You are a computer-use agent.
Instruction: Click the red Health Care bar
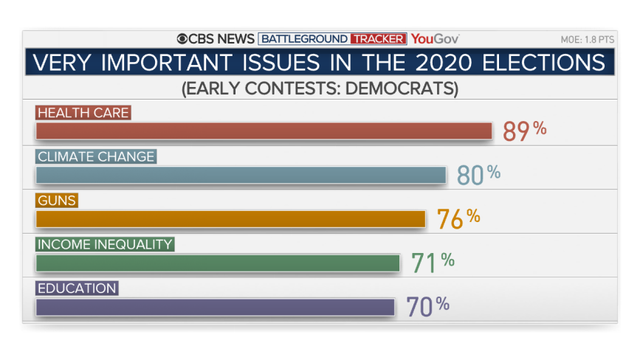[x=264, y=131]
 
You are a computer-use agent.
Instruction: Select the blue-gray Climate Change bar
[x=241, y=175]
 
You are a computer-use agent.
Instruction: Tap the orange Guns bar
[x=230, y=219]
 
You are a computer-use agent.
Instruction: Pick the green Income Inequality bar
[x=218, y=263]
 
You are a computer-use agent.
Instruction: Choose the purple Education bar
[x=215, y=307]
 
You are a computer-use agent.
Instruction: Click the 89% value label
[x=524, y=131]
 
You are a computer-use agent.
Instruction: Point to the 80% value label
[x=478, y=175]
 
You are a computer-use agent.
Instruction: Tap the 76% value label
[x=458, y=218]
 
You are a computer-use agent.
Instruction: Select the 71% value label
[x=433, y=262]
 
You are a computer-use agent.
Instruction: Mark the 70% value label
[x=428, y=306]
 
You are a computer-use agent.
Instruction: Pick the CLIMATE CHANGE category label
[x=96, y=156]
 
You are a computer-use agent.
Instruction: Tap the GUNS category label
[x=57, y=200]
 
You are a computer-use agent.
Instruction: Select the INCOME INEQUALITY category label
[x=105, y=244]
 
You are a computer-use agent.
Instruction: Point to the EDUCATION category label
[x=77, y=288]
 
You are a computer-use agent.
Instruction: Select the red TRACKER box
[x=379, y=38]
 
